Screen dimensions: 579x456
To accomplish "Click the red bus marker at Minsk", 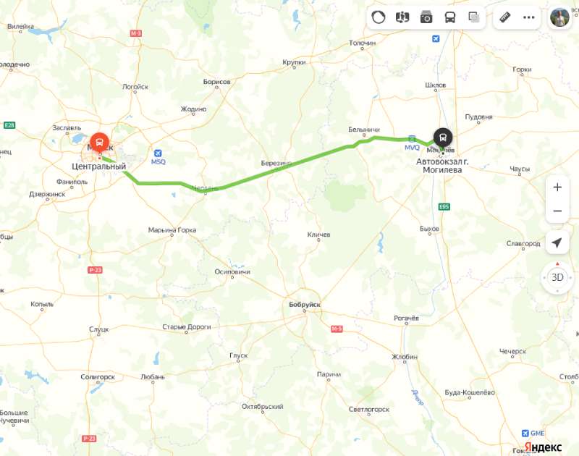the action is tap(99, 140).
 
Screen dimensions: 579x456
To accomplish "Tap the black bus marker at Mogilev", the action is tap(442, 137).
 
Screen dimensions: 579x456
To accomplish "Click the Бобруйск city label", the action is tap(304, 305).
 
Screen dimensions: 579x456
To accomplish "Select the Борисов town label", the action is tap(216, 82).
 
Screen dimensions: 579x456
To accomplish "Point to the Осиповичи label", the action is tap(232, 271).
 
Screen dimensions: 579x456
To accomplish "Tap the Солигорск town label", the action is tap(98, 377).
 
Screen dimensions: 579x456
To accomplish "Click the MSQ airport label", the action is tap(159, 161).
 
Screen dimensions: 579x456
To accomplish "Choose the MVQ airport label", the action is tap(412, 147).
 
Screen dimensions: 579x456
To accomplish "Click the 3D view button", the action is tap(557, 276).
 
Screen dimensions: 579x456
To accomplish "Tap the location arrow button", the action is tap(557, 243).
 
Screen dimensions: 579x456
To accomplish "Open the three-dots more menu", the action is tap(529, 17).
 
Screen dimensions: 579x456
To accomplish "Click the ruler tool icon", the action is tap(505, 17).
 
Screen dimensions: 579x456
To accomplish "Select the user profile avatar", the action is tap(560, 17).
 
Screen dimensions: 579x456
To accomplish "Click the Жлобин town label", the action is tap(405, 357).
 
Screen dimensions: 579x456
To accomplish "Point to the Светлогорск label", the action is tap(368, 410).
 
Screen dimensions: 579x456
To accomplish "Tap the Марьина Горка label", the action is tap(172, 231).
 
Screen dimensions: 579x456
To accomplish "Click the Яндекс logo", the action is tap(543, 447).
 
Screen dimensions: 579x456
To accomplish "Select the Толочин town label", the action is tap(362, 43).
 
